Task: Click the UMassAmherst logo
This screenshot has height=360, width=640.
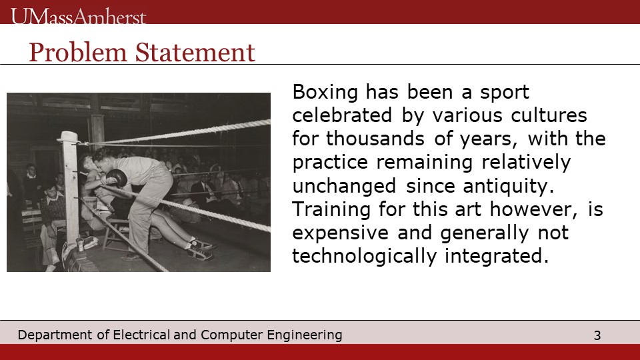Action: (79, 17)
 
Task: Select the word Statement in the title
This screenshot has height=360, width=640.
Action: (195, 53)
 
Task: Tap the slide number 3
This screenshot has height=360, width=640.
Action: (597, 335)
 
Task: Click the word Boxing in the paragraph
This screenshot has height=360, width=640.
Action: (325, 93)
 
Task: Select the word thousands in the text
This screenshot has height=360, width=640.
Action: (375, 139)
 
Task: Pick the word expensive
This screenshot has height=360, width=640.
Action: (341, 233)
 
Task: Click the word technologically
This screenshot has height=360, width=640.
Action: (364, 257)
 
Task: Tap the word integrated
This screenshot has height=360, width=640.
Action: (496, 257)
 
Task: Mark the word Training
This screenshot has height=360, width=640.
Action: (331, 210)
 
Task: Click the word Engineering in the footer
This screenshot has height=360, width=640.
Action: (305, 335)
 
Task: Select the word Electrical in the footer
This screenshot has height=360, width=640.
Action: (141, 335)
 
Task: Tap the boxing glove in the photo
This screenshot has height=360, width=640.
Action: (116, 177)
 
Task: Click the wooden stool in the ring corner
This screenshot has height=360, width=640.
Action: (115, 233)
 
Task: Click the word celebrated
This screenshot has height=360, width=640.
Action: (342, 115)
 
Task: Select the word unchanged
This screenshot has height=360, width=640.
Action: (344, 186)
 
